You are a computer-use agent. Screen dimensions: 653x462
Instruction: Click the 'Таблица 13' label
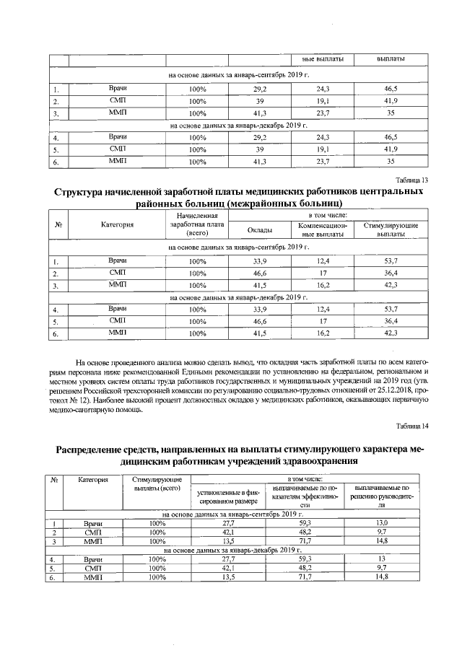point(414,180)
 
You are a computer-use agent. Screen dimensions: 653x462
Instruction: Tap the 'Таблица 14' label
point(414,426)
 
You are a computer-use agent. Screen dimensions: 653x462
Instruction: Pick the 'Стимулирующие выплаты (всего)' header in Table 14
point(152,483)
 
